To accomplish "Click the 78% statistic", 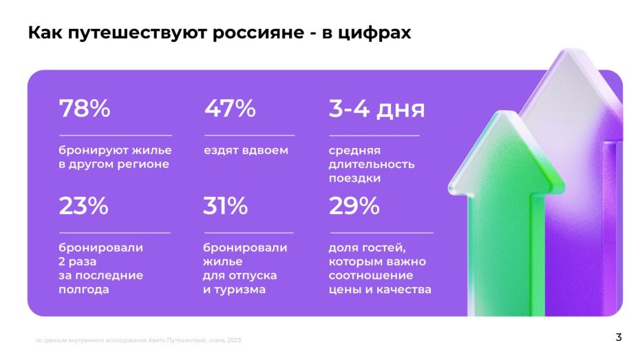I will (x=85, y=109).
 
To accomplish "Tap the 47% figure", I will (x=230, y=109).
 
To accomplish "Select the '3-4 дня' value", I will (x=376, y=109).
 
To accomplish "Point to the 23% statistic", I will (x=83, y=206).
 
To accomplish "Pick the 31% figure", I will (x=225, y=206).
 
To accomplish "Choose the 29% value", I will (x=354, y=206).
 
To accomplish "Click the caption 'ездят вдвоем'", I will (x=246, y=150).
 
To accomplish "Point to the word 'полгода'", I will (x=84, y=290).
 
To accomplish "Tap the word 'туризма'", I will (x=239, y=290).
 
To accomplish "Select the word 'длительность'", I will (x=372, y=165).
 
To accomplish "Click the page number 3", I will (x=618, y=337).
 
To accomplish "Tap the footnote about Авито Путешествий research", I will (x=138, y=341).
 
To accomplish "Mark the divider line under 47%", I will (x=248, y=136).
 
